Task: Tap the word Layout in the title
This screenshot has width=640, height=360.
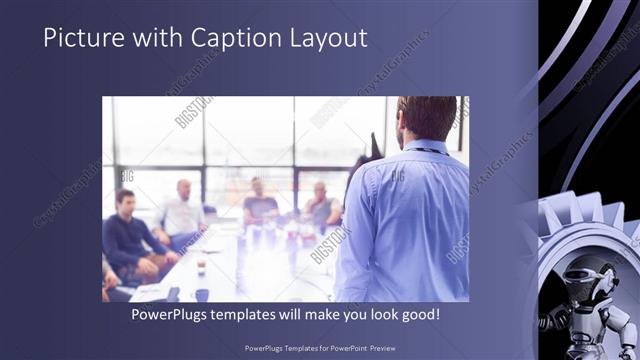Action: pos(324,38)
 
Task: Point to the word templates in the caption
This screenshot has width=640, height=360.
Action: pos(257,314)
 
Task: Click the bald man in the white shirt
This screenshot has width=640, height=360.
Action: pos(182,209)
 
